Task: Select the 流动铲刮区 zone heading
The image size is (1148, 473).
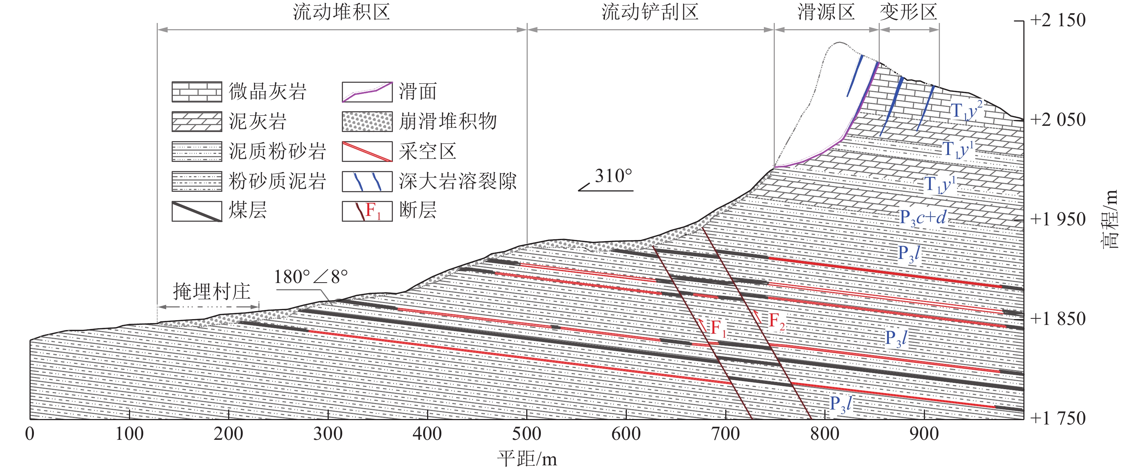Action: (x=650, y=12)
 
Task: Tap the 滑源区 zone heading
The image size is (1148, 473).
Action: (x=826, y=12)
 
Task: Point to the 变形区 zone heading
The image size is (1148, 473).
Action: (x=908, y=12)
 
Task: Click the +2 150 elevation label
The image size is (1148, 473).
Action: (x=1058, y=20)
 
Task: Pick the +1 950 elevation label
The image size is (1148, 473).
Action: (x=1058, y=219)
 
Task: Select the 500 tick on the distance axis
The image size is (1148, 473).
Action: (x=527, y=434)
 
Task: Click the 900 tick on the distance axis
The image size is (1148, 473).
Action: (x=924, y=434)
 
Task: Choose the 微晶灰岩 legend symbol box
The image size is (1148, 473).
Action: (x=196, y=92)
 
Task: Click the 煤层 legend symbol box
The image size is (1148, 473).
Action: (x=196, y=211)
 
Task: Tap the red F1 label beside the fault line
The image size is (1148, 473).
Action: (x=718, y=328)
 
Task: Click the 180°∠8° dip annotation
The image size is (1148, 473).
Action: (x=311, y=277)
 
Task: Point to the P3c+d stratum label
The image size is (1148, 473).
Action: (x=922, y=218)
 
